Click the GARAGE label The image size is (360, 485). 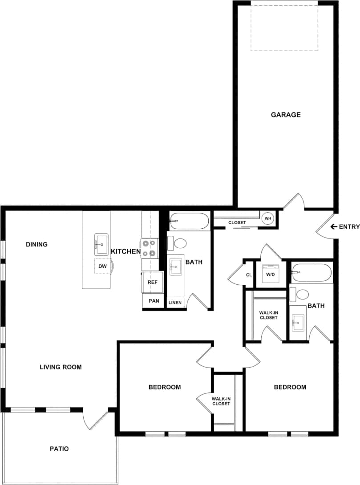pos(286,115)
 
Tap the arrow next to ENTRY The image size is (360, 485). pos(333,227)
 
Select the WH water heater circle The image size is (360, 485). pos(268,218)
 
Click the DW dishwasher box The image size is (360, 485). pos(103,266)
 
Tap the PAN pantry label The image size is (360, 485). pos(154,301)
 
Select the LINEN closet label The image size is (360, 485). pos(175,303)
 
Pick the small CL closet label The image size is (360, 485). pos(249,275)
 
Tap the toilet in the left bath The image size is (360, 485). pos(180,243)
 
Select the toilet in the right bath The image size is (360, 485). pos(302,294)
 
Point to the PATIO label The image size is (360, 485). pos(59,449)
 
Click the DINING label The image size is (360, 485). pos(36,244)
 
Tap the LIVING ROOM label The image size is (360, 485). pos(61,367)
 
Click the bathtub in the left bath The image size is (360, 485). pos(189,219)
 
